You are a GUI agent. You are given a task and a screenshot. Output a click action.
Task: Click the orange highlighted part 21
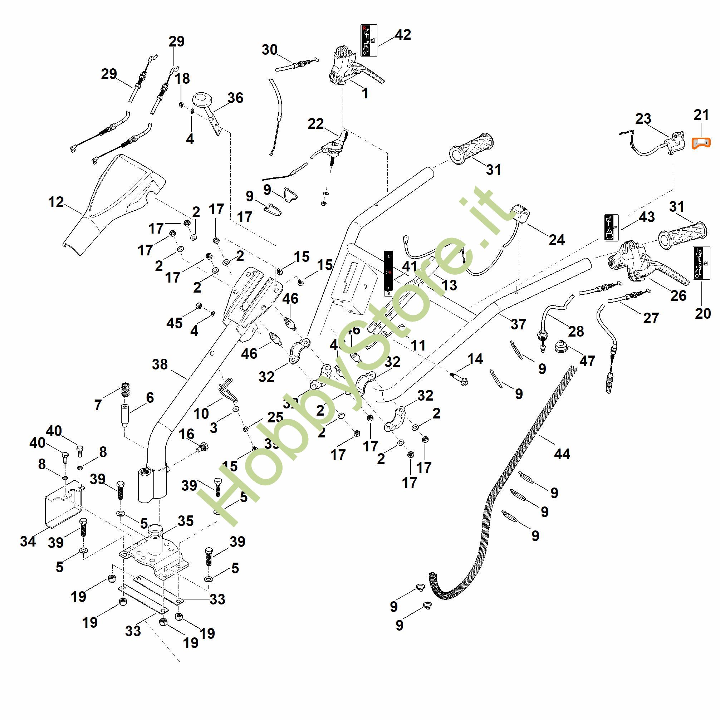coord(701,143)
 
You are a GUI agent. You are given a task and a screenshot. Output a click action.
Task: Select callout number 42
coord(403,35)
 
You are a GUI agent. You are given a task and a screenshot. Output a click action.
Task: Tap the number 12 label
coord(56,202)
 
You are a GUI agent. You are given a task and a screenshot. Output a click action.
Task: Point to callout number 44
coord(562,454)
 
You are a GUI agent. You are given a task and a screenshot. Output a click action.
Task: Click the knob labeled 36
coord(201,100)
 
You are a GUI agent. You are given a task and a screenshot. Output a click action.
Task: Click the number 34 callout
coord(28,541)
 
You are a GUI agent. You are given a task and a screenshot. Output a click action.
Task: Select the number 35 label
coord(186,521)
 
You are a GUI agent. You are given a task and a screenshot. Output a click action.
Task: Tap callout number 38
coord(160,364)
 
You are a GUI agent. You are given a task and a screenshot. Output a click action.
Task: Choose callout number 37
coord(518,324)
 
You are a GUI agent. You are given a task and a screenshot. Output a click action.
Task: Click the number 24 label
coord(557,240)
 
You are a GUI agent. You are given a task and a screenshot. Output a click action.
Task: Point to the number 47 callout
coord(587,361)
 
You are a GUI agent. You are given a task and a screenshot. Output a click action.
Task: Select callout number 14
coord(475,359)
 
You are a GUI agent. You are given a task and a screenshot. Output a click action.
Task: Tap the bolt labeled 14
coord(459,379)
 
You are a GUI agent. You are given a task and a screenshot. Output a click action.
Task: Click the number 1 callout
coord(365,93)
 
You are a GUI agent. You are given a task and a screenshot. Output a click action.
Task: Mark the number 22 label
coord(316,124)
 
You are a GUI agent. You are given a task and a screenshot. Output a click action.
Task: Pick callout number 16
coord(186,434)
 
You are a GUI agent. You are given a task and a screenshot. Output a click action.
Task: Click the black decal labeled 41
coord(388,273)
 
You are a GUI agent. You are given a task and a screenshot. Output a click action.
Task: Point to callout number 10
coord(201,413)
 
